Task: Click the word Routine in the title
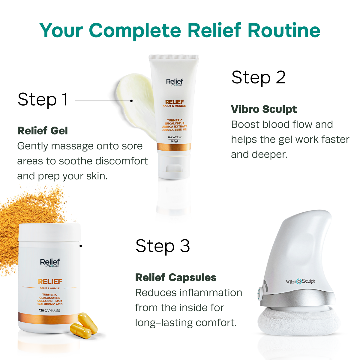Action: [284, 31]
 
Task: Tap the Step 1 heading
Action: [43, 100]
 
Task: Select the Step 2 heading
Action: [258, 77]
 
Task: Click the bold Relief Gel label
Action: [43, 131]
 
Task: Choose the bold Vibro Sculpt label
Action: [264, 109]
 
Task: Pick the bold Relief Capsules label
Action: [175, 277]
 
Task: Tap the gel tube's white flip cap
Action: [174, 165]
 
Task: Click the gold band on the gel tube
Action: [174, 147]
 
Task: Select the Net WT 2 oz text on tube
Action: [175, 137]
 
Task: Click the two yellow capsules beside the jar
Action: [84, 325]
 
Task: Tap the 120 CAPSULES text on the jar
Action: [49, 310]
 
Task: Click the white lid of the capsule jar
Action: [49, 232]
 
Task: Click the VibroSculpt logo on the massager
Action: [300, 281]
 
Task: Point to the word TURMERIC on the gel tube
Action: [175, 120]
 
